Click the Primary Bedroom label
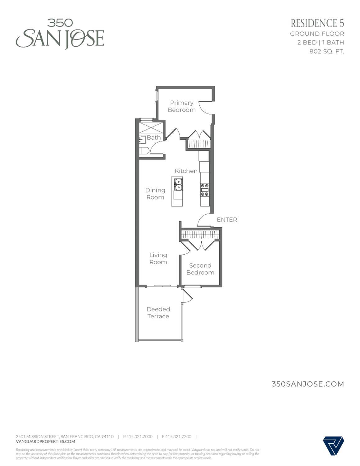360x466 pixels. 181,106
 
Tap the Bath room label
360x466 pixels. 153,137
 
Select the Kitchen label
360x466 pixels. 186,171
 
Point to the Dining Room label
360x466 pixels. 155,194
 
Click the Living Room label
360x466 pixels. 158,258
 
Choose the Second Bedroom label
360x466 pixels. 200,269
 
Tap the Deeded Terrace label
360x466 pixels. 158,313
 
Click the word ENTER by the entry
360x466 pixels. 227,220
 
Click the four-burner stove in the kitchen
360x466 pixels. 205,190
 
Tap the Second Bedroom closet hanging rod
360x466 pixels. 200,234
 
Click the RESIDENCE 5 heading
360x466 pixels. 317,23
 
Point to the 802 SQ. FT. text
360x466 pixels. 326,51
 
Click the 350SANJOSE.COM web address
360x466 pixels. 308,384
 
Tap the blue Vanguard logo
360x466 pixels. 333,445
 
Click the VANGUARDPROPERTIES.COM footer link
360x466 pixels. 45,441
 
